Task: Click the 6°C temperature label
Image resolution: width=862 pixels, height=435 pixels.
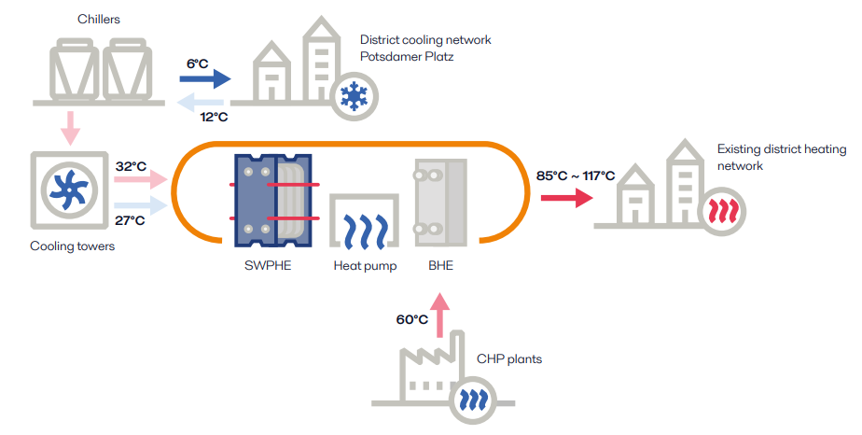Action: [x=198, y=63]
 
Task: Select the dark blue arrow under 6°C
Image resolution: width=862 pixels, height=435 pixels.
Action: [x=206, y=81]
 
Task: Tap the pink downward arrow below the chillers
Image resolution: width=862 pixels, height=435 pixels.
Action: [x=69, y=125]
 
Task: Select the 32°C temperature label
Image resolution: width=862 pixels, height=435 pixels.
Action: [x=131, y=166]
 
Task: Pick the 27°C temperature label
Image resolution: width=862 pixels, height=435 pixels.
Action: [x=130, y=219]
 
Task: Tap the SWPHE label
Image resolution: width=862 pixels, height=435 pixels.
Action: [x=267, y=265]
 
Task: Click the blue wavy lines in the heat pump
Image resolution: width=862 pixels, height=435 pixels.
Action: [x=364, y=230]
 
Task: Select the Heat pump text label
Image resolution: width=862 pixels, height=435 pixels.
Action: [x=365, y=265]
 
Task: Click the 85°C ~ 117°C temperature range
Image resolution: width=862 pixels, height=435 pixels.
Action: [x=575, y=175]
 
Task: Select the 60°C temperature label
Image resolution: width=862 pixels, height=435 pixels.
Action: [x=412, y=319]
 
